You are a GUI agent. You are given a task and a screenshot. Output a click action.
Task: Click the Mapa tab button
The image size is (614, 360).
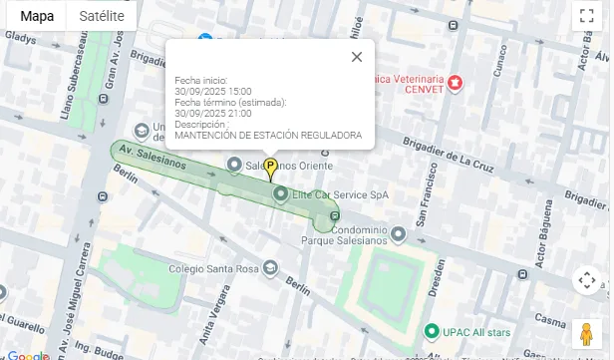(x=37, y=16)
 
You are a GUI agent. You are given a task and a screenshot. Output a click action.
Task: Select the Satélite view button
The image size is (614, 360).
(x=101, y=16)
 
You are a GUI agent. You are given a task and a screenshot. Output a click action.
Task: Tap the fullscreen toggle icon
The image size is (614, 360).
(x=586, y=16)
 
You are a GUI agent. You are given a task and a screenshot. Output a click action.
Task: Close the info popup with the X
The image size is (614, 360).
(x=356, y=57)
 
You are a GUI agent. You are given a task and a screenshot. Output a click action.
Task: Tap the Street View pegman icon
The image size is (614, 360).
(x=586, y=332)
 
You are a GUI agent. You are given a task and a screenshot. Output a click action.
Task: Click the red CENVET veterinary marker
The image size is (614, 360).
(x=456, y=82)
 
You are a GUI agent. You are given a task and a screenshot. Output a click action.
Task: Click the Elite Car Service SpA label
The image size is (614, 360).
(x=339, y=193)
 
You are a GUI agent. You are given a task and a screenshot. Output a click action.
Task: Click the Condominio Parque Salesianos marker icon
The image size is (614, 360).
(x=398, y=235)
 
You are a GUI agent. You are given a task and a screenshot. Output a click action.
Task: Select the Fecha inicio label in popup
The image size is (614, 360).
(x=201, y=80)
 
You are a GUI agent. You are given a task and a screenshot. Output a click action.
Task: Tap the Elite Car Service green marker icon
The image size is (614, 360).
(x=280, y=193)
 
